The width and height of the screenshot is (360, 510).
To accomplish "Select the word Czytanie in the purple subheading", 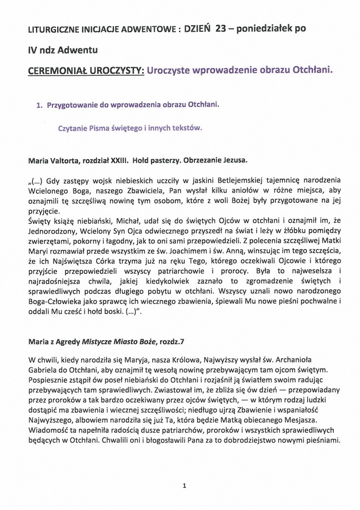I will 73,129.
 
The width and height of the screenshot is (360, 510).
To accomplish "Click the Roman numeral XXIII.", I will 117,160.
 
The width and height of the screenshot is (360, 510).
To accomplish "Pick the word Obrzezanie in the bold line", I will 200,160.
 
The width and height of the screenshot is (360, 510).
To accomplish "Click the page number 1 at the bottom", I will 184,485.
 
